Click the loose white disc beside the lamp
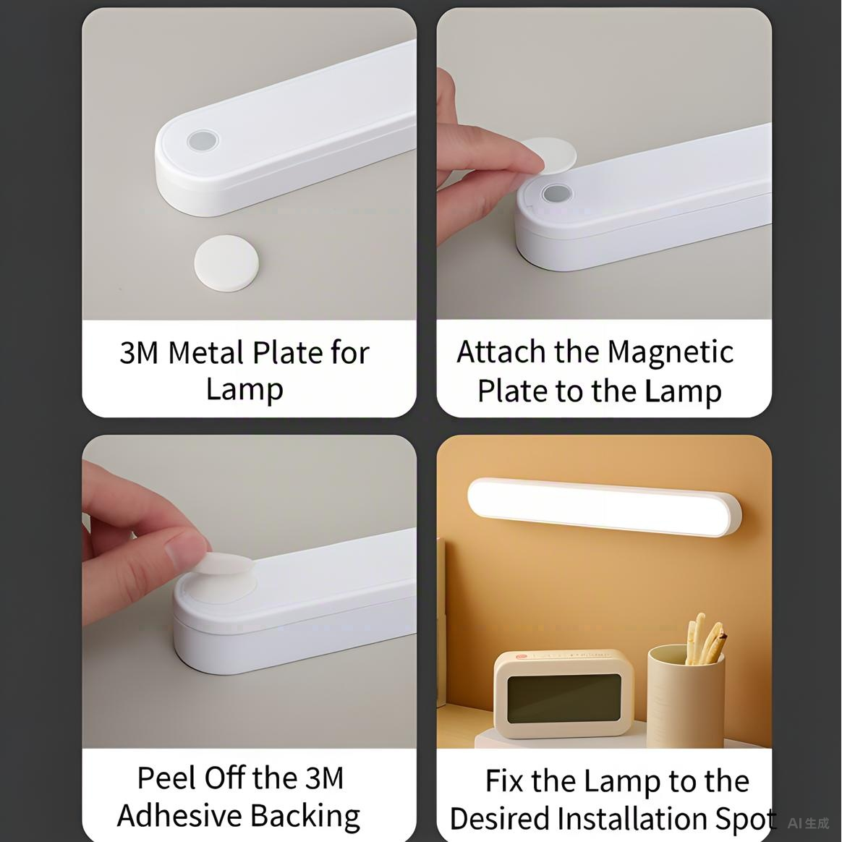coord(227,264)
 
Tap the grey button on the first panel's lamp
coord(202,141)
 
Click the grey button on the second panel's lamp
coord(556,194)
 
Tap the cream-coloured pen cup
coord(685,697)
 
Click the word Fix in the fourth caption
coord(503,781)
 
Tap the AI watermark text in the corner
coord(808,823)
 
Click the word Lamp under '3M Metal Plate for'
coord(244,389)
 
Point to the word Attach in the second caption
coord(501,352)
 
